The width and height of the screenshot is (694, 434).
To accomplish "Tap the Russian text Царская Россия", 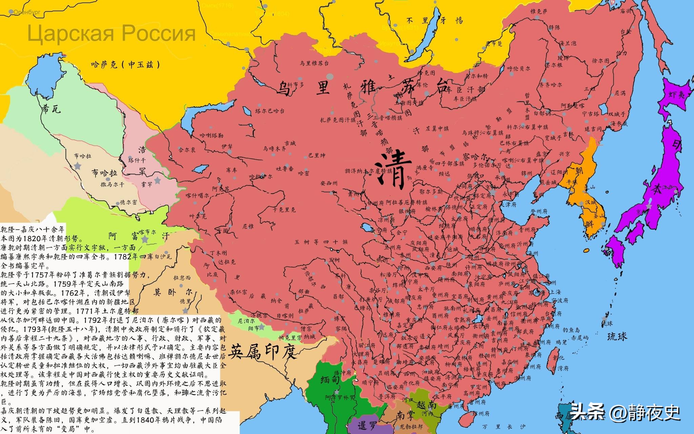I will (111, 34).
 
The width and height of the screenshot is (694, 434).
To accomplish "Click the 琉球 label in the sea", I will (617, 336).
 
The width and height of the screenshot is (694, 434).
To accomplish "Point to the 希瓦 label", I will (51, 109).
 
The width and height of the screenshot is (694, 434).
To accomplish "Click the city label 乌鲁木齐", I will (274, 149).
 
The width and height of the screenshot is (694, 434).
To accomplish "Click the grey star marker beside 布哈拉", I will (78, 166).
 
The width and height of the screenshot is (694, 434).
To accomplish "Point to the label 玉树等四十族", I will (321, 242).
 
